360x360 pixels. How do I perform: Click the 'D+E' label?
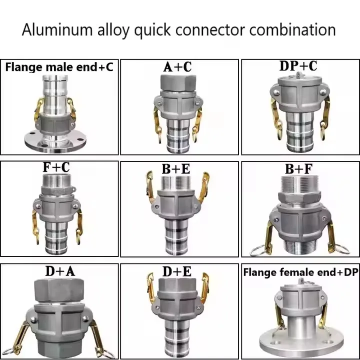pyautogui.click(x=177, y=272)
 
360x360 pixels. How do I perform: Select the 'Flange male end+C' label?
pyautogui.click(x=59, y=66)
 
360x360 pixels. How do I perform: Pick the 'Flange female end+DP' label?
pyautogui.click(x=300, y=272)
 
